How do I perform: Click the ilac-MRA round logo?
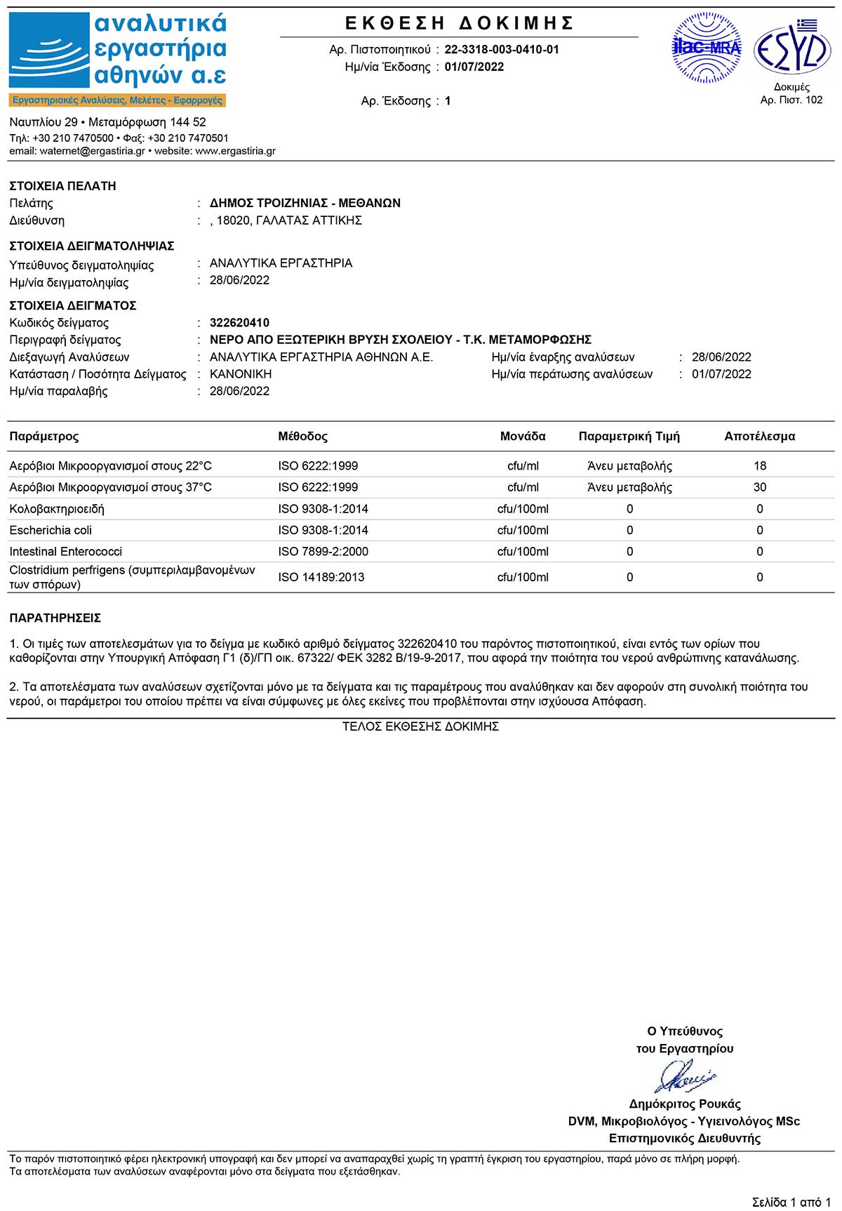point(707,48)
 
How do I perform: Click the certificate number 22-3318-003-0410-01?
point(502,50)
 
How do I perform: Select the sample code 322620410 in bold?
point(239,323)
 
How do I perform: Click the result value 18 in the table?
point(760,466)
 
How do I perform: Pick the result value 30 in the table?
point(760,487)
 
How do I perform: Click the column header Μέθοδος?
point(302,437)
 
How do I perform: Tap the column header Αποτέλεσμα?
point(760,437)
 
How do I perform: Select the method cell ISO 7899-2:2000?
point(323,552)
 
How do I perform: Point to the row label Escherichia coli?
point(51,530)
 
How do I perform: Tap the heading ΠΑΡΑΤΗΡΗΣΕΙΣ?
point(55,618)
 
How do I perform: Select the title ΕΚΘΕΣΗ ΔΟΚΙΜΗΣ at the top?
point(460,23)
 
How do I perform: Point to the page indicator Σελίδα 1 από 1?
point(791,1202)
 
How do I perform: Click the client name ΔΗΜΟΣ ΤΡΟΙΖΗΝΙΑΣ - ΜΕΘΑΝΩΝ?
point(305,203)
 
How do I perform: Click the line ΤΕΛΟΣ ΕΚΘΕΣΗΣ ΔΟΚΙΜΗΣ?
point(420,727)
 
